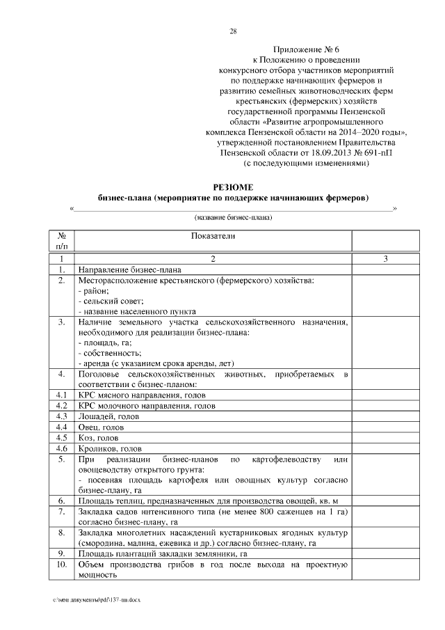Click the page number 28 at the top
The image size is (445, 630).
[233, 31]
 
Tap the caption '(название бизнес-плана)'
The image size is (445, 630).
[233, 218]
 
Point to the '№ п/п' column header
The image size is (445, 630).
[61, 241]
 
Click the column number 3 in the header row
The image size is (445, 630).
[385, 259]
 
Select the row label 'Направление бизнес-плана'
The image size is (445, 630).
[130, 269]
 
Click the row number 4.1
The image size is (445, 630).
[61, 395]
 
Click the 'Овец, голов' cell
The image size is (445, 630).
[102, 427]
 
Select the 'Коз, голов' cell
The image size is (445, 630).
[98, 438]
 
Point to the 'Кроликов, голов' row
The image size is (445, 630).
[111, 449]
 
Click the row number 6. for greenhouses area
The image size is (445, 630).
[61, 501]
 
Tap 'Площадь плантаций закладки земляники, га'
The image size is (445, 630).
[162, 554]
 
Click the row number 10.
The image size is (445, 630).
[61, 565]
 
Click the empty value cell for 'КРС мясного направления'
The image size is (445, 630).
[385, 395]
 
